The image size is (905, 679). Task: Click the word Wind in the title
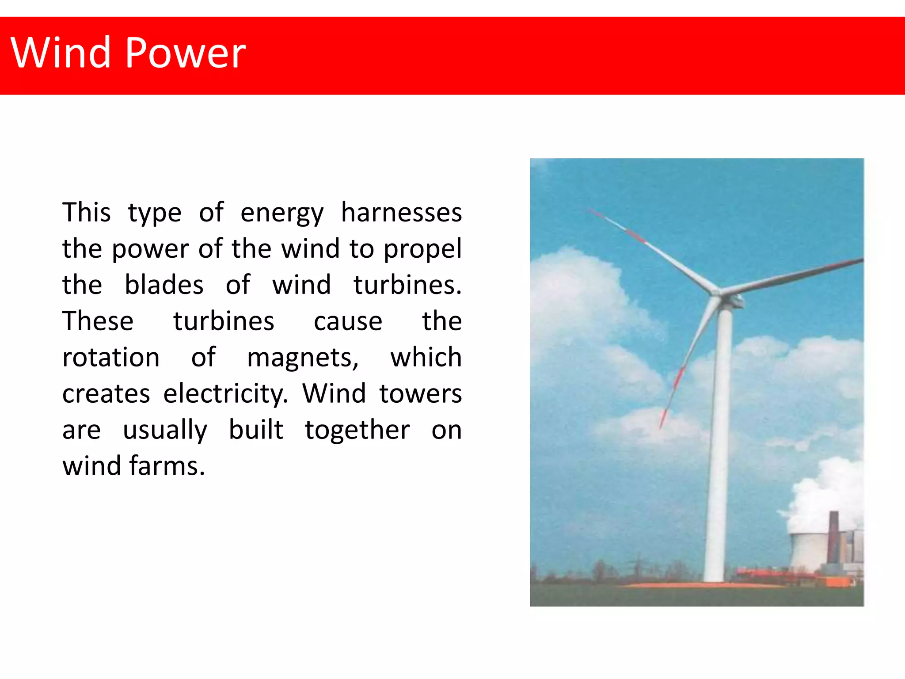click(60, 53)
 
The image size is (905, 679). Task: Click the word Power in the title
click(185, 53)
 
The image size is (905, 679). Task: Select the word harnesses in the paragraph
click(401, 212)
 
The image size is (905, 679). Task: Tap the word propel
click(422, 249)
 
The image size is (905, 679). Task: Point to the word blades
click(164, 285)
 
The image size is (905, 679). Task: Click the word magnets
click(302, 357)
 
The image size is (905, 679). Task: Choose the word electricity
click(225, 393)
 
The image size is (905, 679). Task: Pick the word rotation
click(110, 357)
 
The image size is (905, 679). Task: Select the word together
click(357, 430)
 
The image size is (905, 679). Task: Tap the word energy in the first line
click(282, 213)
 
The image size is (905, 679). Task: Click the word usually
click(165, 431)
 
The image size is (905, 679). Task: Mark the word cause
click(348, 321)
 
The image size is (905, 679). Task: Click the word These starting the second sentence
click(98, 321)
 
